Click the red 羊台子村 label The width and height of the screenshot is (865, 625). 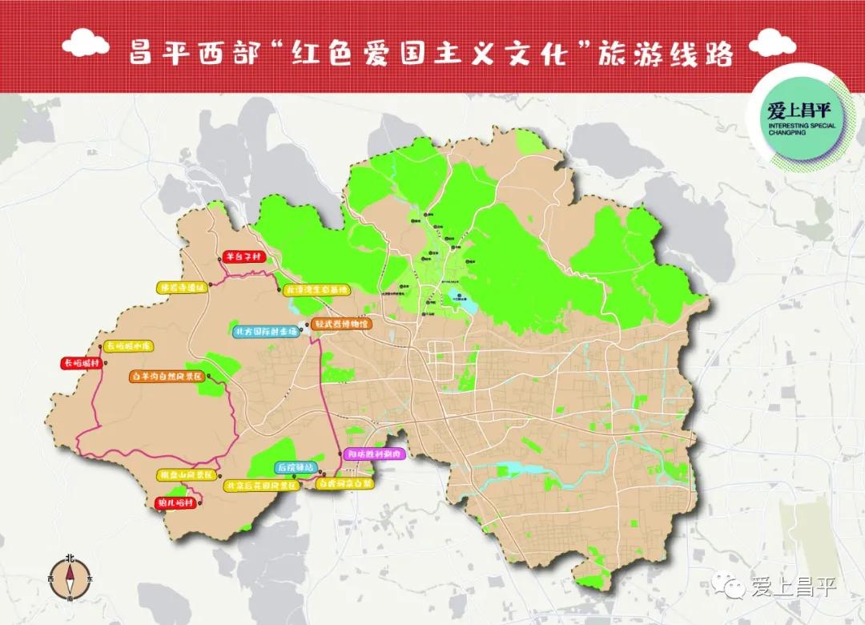click(241, 257)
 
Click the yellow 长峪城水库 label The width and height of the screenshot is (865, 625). click(128, 346)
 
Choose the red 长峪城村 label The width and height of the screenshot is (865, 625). click(81, 363)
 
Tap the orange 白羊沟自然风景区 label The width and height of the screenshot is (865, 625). click(167, 375)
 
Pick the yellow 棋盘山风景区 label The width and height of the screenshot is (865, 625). click(187, 474)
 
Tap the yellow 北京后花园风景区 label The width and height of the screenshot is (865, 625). click(261, 486)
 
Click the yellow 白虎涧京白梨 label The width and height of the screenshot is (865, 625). click(345, 484)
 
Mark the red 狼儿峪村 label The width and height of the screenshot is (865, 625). click(173, 503)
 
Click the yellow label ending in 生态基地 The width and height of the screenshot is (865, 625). click(318, 288)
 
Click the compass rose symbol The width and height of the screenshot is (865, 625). click(70, 576)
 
